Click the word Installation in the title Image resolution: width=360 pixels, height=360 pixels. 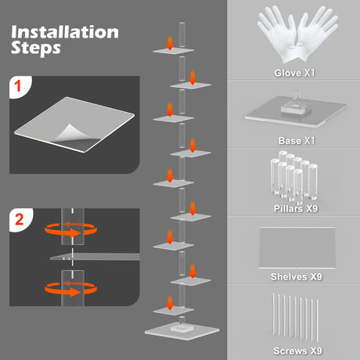pyautogui.click(x=65, y=32)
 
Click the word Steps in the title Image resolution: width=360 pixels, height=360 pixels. pyautogui.click(x=36, y=48)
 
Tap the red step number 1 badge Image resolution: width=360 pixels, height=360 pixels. pyautogui.click(x=18, y=86)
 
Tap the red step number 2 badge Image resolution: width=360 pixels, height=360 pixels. pyautogui.click(x=20, y=219)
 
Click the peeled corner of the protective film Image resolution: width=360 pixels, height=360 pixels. pyautogui.click(x=69, y=132)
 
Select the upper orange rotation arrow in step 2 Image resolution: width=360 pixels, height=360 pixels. pyautogui.click(x=70, y=229)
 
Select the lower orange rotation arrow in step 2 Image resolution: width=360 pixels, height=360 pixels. pyautogui.click(x=70, y=288)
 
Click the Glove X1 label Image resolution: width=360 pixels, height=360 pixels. pyautogui.click(x=294, y=73)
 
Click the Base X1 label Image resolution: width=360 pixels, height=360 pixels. pyautogui.click(x=297, y=141)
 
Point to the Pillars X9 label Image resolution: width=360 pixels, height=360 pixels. pyautogui.click(x=296, y=208)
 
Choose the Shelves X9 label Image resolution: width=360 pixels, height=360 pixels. pyautogui.click(x=297, y=276)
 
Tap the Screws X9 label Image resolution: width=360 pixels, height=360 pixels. pyautogui.click(x=297, y=351)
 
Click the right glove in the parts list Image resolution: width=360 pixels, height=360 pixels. pyautogui.click(x=317, y=34)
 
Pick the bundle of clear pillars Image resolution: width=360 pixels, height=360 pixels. pyautogui.click(x=294, y=178)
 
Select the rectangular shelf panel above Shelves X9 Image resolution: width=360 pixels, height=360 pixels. pyautogui.click(x=297, y=247)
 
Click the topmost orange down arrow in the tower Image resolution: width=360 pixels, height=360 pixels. pyautogui.click(x=170, y=43)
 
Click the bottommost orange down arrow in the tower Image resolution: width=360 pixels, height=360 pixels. pyautogui.click(x=170, y=303)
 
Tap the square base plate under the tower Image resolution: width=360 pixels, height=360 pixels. pyautogui.click(x=182, y=330)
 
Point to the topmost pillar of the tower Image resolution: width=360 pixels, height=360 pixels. pyautogui.click(x=182, y=35)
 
